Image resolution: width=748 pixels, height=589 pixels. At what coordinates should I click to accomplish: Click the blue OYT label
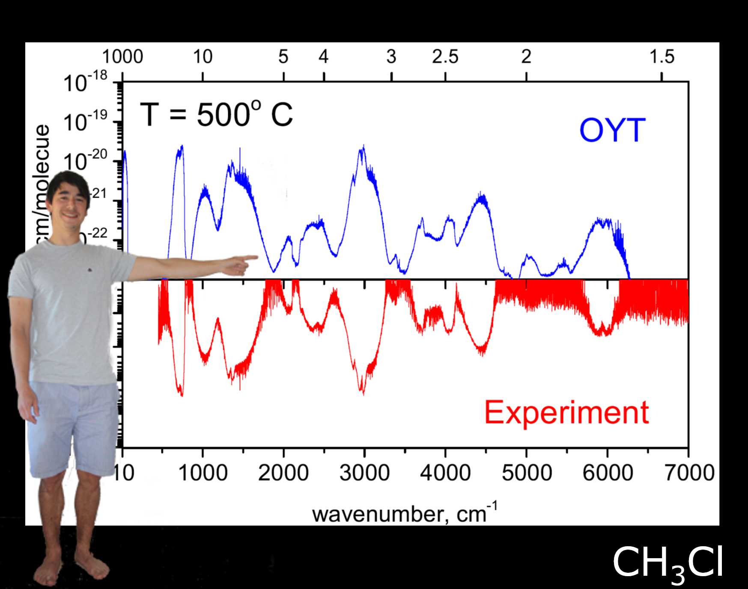click(612, 130)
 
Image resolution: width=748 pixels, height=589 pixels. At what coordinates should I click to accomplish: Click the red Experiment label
click(566, 412)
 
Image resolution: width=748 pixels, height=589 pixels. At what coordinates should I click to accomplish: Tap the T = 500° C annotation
click(216, 115)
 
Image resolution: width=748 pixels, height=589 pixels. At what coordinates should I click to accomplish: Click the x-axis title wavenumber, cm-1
click(405, 513)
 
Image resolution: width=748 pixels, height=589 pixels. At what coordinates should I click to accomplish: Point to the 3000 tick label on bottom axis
click(364, 473)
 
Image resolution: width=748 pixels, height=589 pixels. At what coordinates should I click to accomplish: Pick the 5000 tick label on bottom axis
click(526, 473)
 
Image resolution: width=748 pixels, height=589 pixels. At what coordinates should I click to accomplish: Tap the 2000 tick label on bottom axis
click(283, 473)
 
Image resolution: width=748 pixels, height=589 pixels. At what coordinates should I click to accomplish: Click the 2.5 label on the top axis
click(445, 57)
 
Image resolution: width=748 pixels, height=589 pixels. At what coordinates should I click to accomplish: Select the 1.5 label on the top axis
click(662, 57)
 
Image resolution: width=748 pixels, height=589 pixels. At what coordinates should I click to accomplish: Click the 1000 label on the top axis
click(122, 57)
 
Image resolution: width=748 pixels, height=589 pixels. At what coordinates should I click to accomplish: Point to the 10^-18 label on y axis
click(85, 83)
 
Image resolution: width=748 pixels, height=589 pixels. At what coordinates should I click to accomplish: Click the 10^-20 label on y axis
click(85, 162)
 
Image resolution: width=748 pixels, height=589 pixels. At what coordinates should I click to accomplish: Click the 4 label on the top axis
click(324, 57)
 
